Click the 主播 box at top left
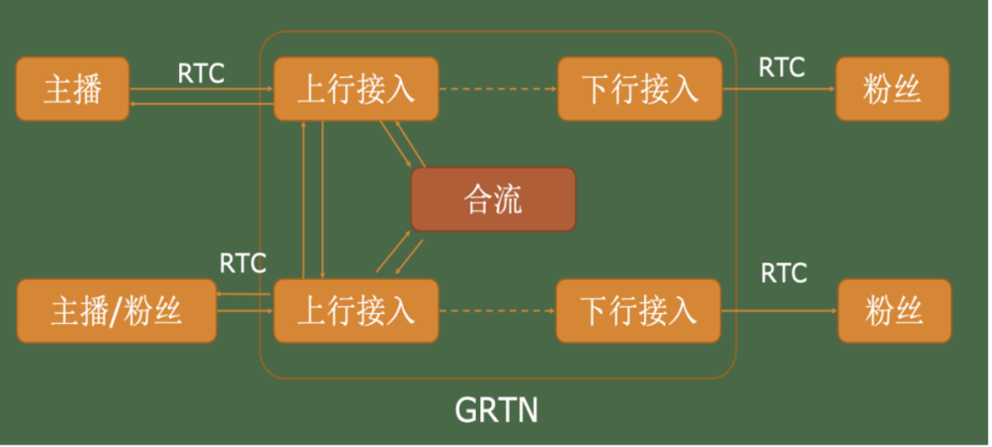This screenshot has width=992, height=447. pos(73,89)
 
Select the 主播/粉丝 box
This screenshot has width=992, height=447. pos(117,311)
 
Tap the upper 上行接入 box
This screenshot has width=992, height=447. pos(356,89)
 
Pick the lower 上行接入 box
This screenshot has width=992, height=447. pos(356,311)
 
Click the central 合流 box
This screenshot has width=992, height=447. pos(493,199)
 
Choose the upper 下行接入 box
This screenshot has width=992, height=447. pos(639,89)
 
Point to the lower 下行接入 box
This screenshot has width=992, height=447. pos(638,311)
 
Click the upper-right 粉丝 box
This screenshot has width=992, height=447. pos(893,89)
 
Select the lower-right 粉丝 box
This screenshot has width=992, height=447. pos(895,311)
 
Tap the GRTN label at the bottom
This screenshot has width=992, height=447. pos(497,411)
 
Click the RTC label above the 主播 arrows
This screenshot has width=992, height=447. pos(201,73)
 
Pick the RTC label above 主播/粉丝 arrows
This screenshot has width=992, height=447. pos(242,263)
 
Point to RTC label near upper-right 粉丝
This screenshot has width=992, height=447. pos(782,67)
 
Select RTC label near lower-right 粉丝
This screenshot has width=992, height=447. pos(783,274)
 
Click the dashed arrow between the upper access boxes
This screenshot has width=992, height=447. pos(498,89)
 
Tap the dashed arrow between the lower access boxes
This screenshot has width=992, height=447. pos(497,311)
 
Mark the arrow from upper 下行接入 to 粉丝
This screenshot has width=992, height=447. pos(779,89)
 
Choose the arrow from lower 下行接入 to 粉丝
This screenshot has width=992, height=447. pos(780,311)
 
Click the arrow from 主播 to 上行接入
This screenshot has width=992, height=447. pos(201,89)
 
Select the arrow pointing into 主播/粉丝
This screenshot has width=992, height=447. pos(245,295)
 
